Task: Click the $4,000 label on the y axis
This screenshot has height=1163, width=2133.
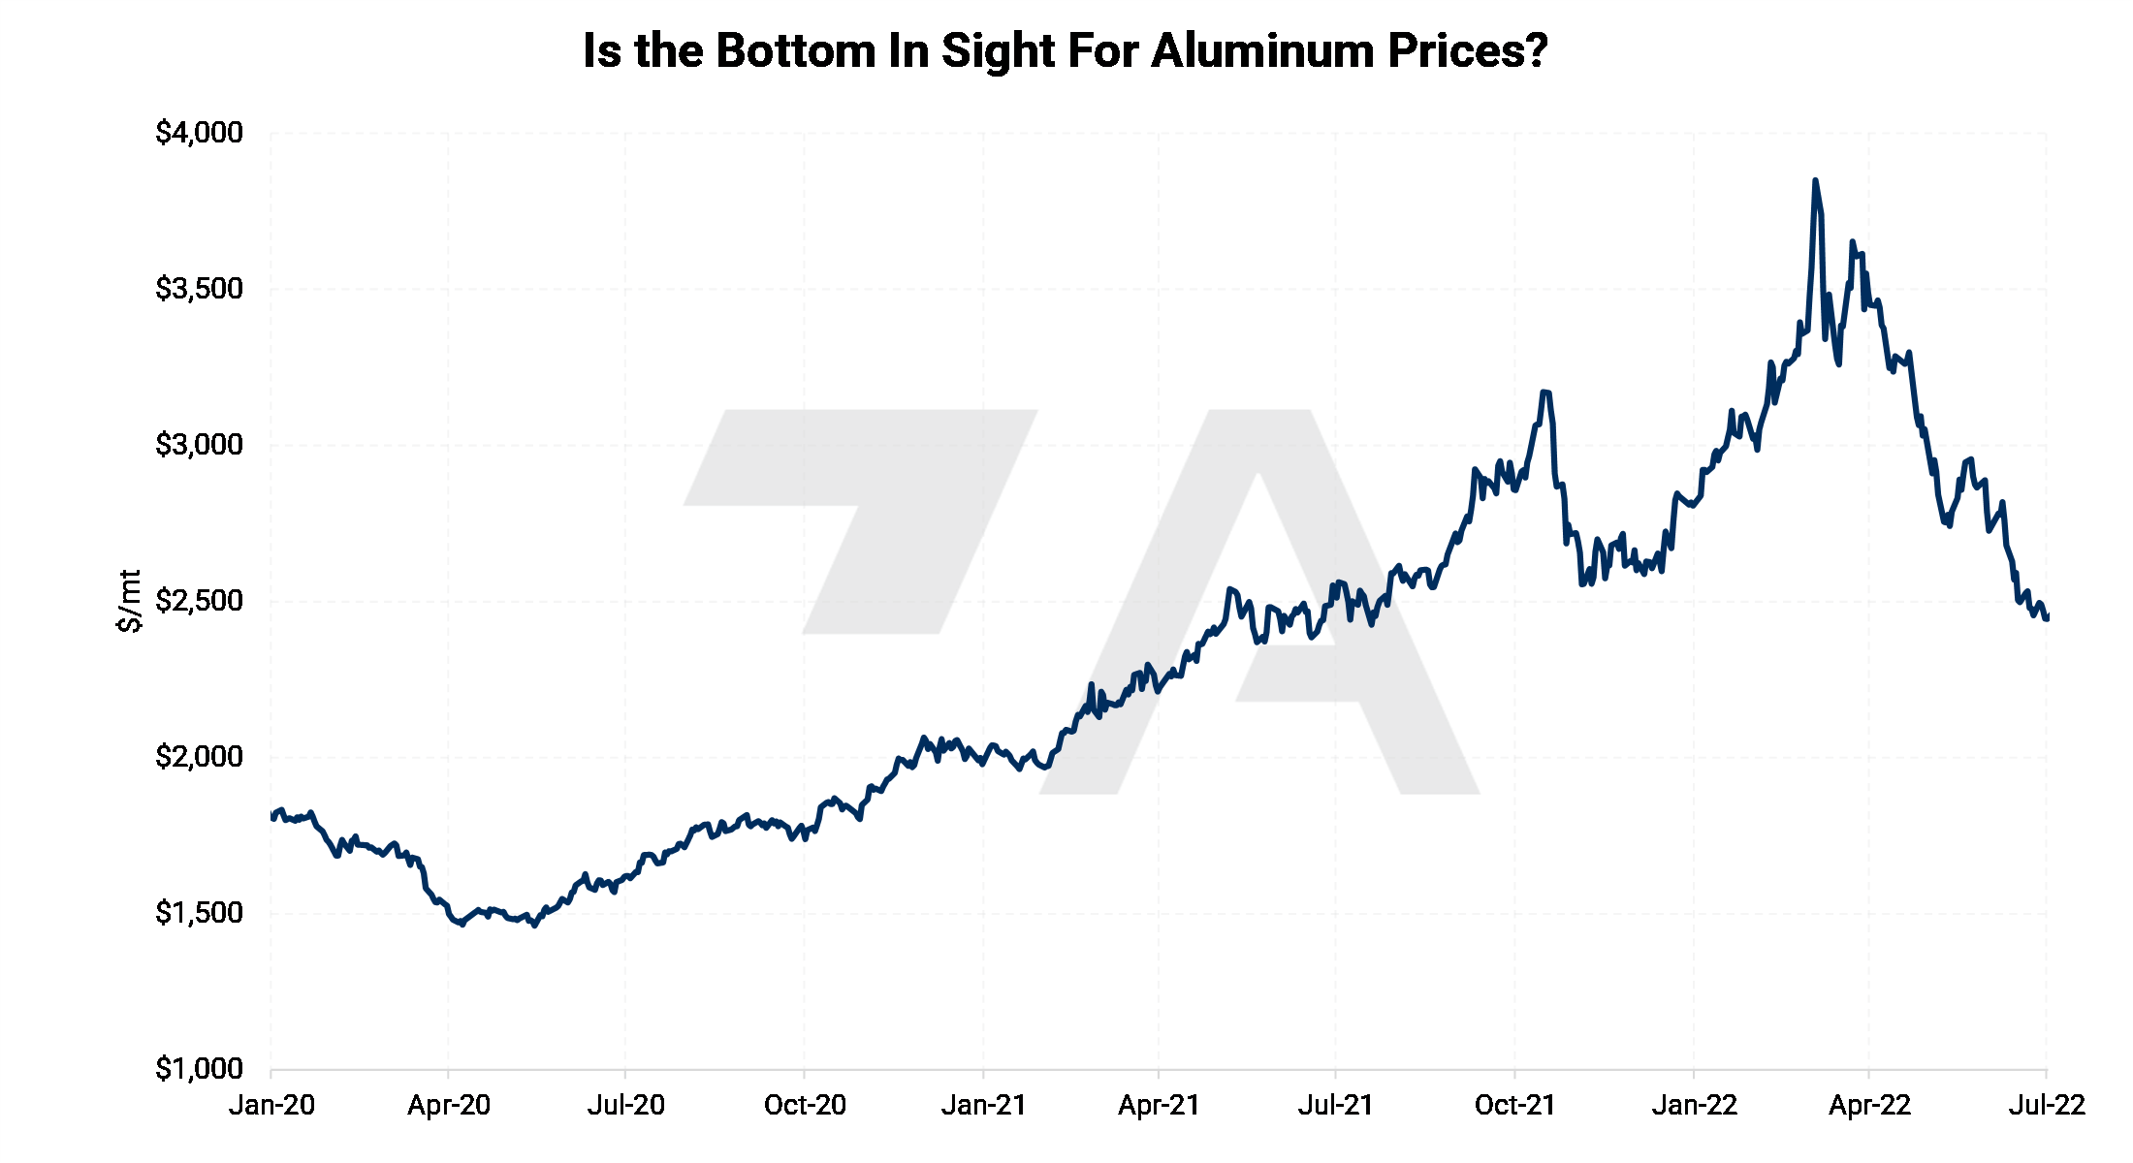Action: click(199, 133)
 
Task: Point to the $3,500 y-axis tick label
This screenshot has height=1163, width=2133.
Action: click(199, 289)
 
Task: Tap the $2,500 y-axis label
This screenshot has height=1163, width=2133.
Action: click(199, 601)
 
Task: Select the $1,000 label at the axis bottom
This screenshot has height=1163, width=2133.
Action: click(199, 1069)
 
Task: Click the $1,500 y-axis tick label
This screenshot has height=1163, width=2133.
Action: click(199, 913)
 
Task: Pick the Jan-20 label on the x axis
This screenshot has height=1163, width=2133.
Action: click(271, 1105)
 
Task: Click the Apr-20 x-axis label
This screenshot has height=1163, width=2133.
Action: click(449, 1105)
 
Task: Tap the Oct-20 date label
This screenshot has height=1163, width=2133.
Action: click(805, 1105)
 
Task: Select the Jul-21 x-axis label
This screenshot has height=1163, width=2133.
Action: click(1335, 1105)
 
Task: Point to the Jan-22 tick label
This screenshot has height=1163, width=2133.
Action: click(1694, 1105)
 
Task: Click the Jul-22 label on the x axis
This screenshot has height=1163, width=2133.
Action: click(2046, 1105)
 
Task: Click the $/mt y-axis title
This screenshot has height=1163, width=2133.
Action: click(129, 601)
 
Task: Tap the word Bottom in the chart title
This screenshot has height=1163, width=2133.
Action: click(795, 50)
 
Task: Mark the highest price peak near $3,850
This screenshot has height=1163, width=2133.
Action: click(1815, 181)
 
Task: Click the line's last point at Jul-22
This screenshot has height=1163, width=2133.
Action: click(2046, 617)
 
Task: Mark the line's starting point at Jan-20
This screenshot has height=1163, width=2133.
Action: click(272, 817)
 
